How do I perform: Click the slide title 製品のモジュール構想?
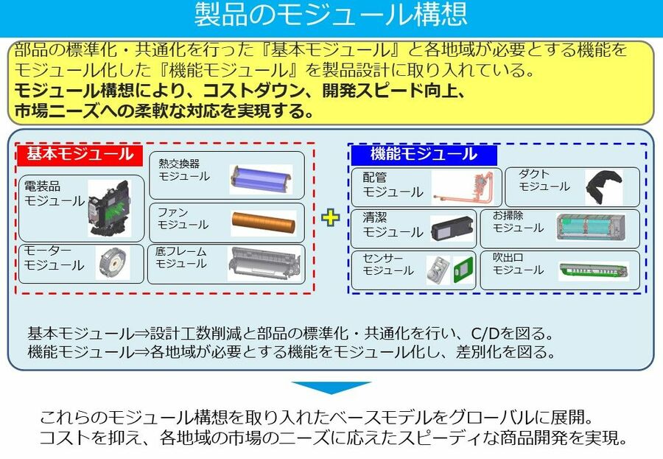pos(331,15)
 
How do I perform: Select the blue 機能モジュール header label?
pos(424,155)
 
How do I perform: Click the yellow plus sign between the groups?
pos(330,217)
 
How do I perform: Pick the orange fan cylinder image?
pos(264,223)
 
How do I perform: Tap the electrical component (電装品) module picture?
pos(109,209)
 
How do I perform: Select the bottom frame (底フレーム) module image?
pos(264,264)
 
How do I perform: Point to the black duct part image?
pos(604,186)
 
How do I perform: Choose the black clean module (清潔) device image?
pos(452,228)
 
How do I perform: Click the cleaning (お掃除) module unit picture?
pos(596,227)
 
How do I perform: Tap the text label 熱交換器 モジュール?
pos(184,170)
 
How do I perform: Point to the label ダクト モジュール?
pos(544,181)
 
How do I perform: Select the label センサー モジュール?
pos(387,264)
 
